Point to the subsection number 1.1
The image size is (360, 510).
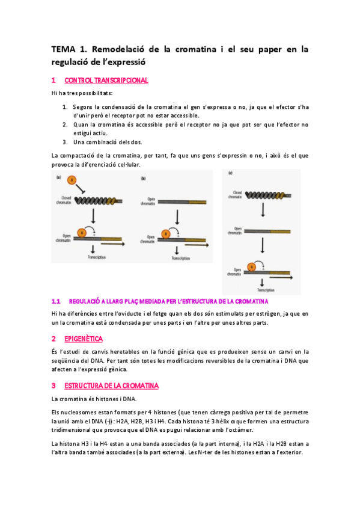(56, 301)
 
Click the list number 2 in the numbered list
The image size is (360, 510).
(65, 124)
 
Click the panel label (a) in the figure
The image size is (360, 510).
(59, 177)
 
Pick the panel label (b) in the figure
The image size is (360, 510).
(143, 178)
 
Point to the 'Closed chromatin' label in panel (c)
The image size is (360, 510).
(235, 194)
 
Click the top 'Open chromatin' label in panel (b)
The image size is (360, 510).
(148, 203)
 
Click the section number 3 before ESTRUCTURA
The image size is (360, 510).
(53, 385)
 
